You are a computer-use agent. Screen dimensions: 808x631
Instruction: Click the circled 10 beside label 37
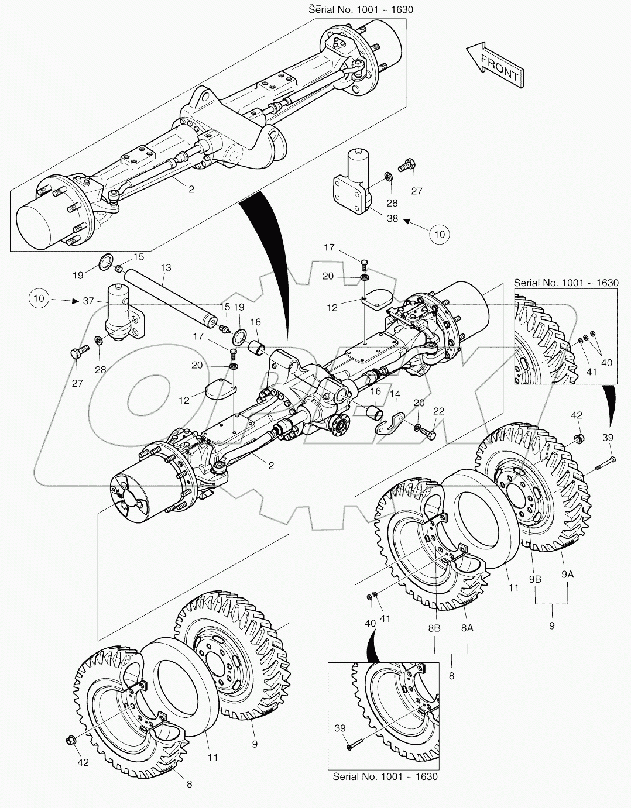(39, 299)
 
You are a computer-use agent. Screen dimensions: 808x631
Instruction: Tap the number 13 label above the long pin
(166, 267)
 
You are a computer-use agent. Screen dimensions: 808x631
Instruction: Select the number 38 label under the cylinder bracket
(392, 219)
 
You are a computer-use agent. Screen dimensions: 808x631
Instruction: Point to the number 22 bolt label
(438, 411)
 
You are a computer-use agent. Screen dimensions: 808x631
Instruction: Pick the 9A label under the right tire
(567, 575)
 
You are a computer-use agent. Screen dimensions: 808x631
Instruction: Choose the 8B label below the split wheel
(434, 628)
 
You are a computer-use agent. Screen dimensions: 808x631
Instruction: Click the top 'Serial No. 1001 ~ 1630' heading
(361, 9)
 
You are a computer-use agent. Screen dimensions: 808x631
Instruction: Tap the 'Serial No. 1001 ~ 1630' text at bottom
(385, 776)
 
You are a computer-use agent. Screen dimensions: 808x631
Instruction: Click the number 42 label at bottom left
(83, 763)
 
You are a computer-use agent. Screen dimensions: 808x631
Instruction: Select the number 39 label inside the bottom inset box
(339, 728)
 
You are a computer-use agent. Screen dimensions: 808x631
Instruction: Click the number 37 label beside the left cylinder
(88, 301)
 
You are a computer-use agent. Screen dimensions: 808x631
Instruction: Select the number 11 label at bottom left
(212, 757)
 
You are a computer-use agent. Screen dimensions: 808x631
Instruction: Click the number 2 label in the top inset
(191, 190)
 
